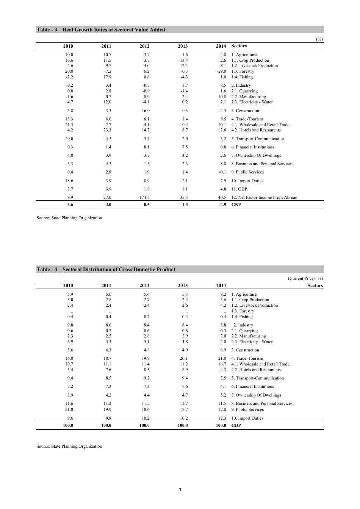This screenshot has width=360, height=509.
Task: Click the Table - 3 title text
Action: tap(101, 30)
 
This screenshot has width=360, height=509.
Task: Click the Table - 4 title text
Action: tap(106, 270)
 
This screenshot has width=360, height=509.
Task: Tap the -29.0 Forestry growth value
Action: tap(221, 71)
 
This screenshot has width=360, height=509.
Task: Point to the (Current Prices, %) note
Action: tap(305, 278)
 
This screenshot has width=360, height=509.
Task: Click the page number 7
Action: tap(180, 490)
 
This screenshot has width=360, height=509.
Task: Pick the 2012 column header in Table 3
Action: tap(144, 46)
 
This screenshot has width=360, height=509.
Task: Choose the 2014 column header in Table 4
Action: tap(221, 286)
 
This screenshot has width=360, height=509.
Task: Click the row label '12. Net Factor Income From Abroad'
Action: tap(264, 197)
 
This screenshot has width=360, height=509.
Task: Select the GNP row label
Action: tap(236, 205)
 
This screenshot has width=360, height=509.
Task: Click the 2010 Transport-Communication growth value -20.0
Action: tap(69, 139)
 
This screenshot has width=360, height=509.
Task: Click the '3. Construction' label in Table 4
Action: tap(245, 350)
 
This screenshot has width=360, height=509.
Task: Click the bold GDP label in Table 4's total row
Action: tap(236, 425)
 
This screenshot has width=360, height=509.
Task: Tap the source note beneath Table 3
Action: tap(69, 218)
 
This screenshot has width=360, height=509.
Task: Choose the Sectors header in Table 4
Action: tap(315, 286)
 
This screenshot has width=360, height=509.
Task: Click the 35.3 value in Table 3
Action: tap(184, 197)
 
